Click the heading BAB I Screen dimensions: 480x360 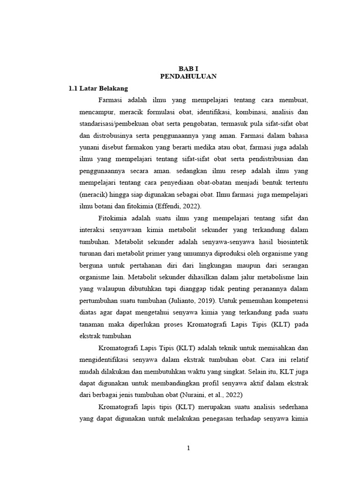point(188,68)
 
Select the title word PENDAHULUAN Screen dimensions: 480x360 point(188,76)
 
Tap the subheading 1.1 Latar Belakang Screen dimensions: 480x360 point(98,88)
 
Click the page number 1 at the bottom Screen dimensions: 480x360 point(188,448)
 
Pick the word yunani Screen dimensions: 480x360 point(90,147)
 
